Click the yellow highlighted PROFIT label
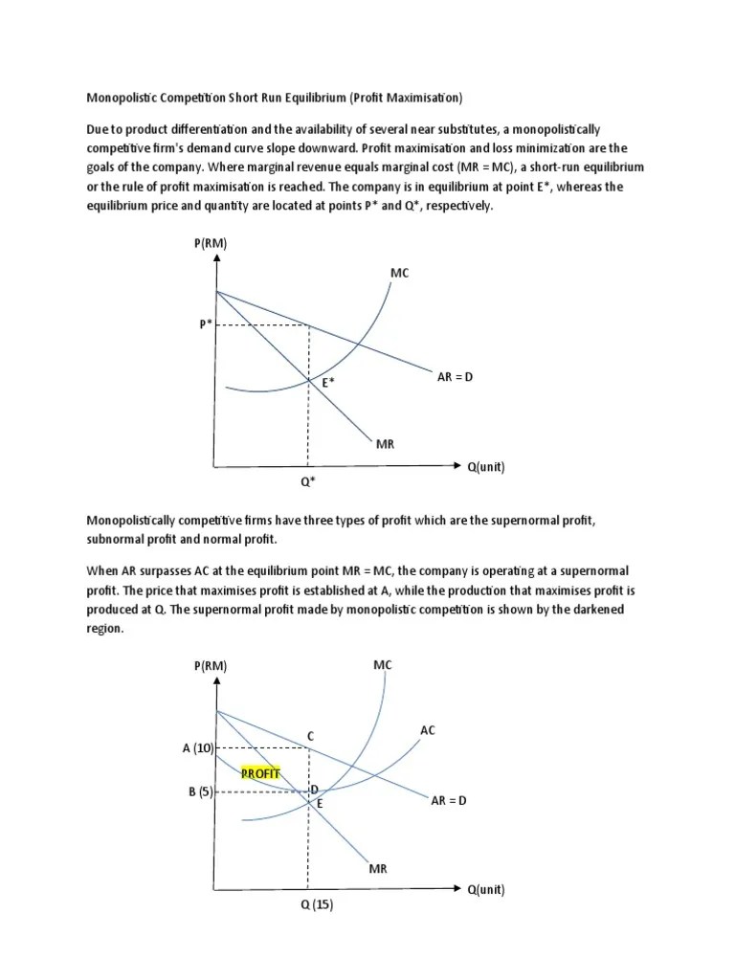[259, 773]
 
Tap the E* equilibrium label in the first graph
[327, 383]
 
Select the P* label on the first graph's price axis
[206, 324]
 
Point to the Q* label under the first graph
[308, 481]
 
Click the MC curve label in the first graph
[399, 274]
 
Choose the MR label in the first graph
[386, 445]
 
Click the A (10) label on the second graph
[198, 747]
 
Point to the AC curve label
[428, 730]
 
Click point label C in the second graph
[310, 735]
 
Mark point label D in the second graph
[314, 789]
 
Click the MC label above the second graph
[383, 664]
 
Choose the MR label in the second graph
[378, 868]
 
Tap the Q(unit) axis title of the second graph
[485, 890]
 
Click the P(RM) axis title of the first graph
[211, 244]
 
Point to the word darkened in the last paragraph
[614, 611]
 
